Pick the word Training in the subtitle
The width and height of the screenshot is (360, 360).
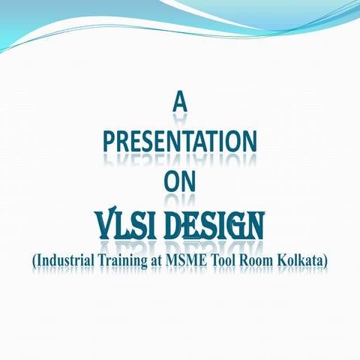[x=131, y=260]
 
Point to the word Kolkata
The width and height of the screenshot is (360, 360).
[x=313, y=259]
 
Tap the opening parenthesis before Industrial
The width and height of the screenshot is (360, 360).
[x=34, y=260]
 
